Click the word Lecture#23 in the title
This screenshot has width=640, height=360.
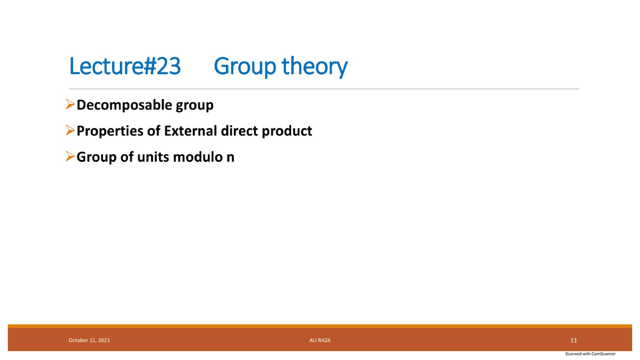[x=124, y=66]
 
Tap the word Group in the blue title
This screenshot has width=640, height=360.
[x=244, y=67]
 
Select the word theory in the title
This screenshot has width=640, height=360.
[x=314, y=67]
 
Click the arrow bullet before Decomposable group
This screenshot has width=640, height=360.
[x=70, y=105]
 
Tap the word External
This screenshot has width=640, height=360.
[x=190, y=131]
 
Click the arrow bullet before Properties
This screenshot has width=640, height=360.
[x=70, y=131]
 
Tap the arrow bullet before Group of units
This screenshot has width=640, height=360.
[x=70, y=157]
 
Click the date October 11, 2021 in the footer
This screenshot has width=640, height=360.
[x=89, y=340]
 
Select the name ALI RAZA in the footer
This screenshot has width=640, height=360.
[x=320, y=340]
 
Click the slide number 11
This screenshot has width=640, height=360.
[x=573, y=340]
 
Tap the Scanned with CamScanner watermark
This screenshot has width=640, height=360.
[x=590, y=354]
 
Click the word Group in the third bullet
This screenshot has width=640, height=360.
[x=96, y=157]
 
